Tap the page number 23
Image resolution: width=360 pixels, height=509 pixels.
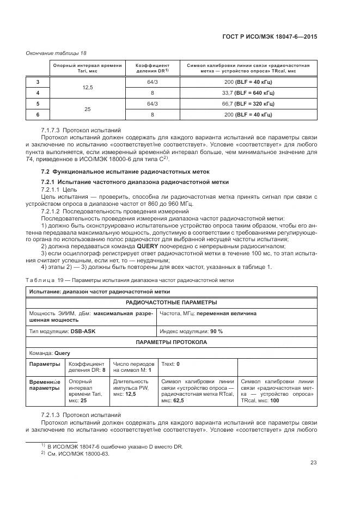tap(313, 463)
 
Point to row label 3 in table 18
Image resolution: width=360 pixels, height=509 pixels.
tap(38, 82)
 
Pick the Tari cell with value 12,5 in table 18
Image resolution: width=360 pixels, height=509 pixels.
tap(87, 87)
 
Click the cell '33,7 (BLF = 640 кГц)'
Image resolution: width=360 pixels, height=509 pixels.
tap(248, 93)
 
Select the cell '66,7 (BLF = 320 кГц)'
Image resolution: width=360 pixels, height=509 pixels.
tap(248, 103)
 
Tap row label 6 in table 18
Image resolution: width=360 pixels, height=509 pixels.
tap(38, 114)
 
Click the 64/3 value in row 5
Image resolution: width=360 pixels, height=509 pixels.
tap(152, 103)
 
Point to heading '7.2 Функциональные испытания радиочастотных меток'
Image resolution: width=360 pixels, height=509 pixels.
tap(107, 172)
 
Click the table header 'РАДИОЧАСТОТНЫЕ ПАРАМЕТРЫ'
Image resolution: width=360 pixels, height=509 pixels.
tap(172, 302)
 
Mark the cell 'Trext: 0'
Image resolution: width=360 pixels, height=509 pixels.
tap(171, 363)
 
